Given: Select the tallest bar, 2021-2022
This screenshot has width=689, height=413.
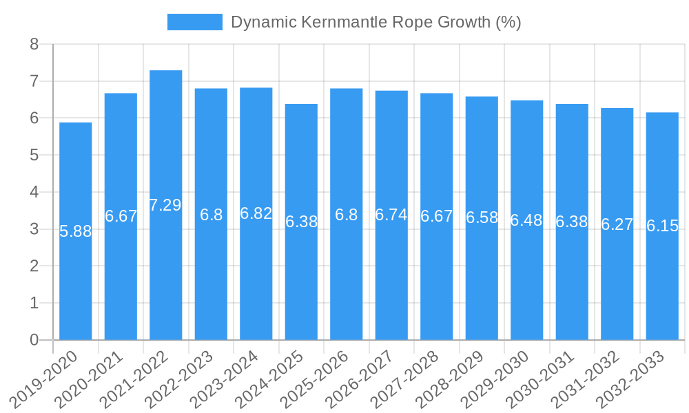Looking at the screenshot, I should pyautogui.click(x=166, y=275).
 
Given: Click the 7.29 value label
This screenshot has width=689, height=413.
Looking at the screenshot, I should pyautogui.click(x=166, y=205).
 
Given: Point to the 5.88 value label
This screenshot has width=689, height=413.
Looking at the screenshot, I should pyautogui.click(x=76, y=231).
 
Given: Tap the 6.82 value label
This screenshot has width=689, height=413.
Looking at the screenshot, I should pyautogui.click(x=256, y=213).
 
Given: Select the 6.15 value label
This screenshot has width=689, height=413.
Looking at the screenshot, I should pyautogui.click(x=662, y=226).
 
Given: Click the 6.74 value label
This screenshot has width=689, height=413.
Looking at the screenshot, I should pyautogui.click(x=391, y=215).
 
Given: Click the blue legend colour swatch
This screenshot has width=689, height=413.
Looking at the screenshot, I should pyautogui.click(x=195, y=22).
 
